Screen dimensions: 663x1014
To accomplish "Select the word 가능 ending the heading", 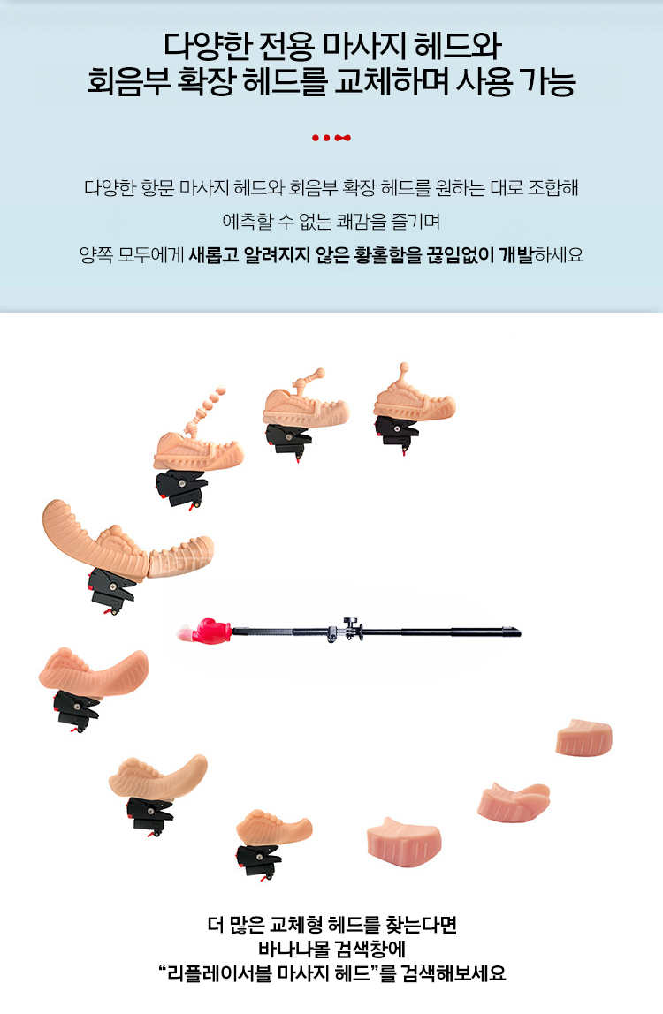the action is coord(548,81).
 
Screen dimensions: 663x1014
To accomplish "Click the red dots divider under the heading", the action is coord(331,138).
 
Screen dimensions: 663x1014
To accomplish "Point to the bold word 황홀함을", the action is coord(387,255).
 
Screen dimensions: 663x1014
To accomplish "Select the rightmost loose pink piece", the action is coord(583,738).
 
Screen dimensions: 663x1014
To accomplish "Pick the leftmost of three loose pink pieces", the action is coord(404,842).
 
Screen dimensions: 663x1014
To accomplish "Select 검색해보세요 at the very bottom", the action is coord(453,973).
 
